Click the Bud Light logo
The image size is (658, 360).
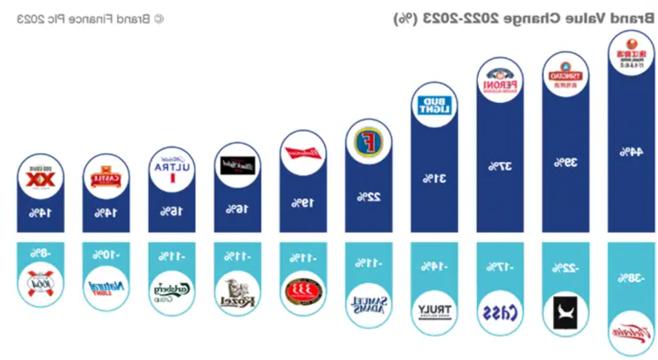[x=435, y=105]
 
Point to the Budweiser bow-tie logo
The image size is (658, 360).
[x=304, y=153]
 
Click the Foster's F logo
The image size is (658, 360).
[x=369, y=141]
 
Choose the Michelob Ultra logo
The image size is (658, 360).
[x=172, y=169]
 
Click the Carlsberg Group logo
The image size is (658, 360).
[x=172, y=291]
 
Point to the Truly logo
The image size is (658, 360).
[x=435, y=311]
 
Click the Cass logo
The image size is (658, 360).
[x=500, y=312]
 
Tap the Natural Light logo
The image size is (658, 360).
[x=106, y=287]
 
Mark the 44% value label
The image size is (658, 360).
[x=631, y=152]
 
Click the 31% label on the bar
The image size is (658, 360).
[x=435, y=179]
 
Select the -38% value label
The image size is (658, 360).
[x=631, y=278]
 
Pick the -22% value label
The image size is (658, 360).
[x=566, y=268]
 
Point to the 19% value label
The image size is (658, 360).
[x=304, y=203]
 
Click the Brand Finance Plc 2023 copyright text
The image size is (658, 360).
[x=90, y=18]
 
